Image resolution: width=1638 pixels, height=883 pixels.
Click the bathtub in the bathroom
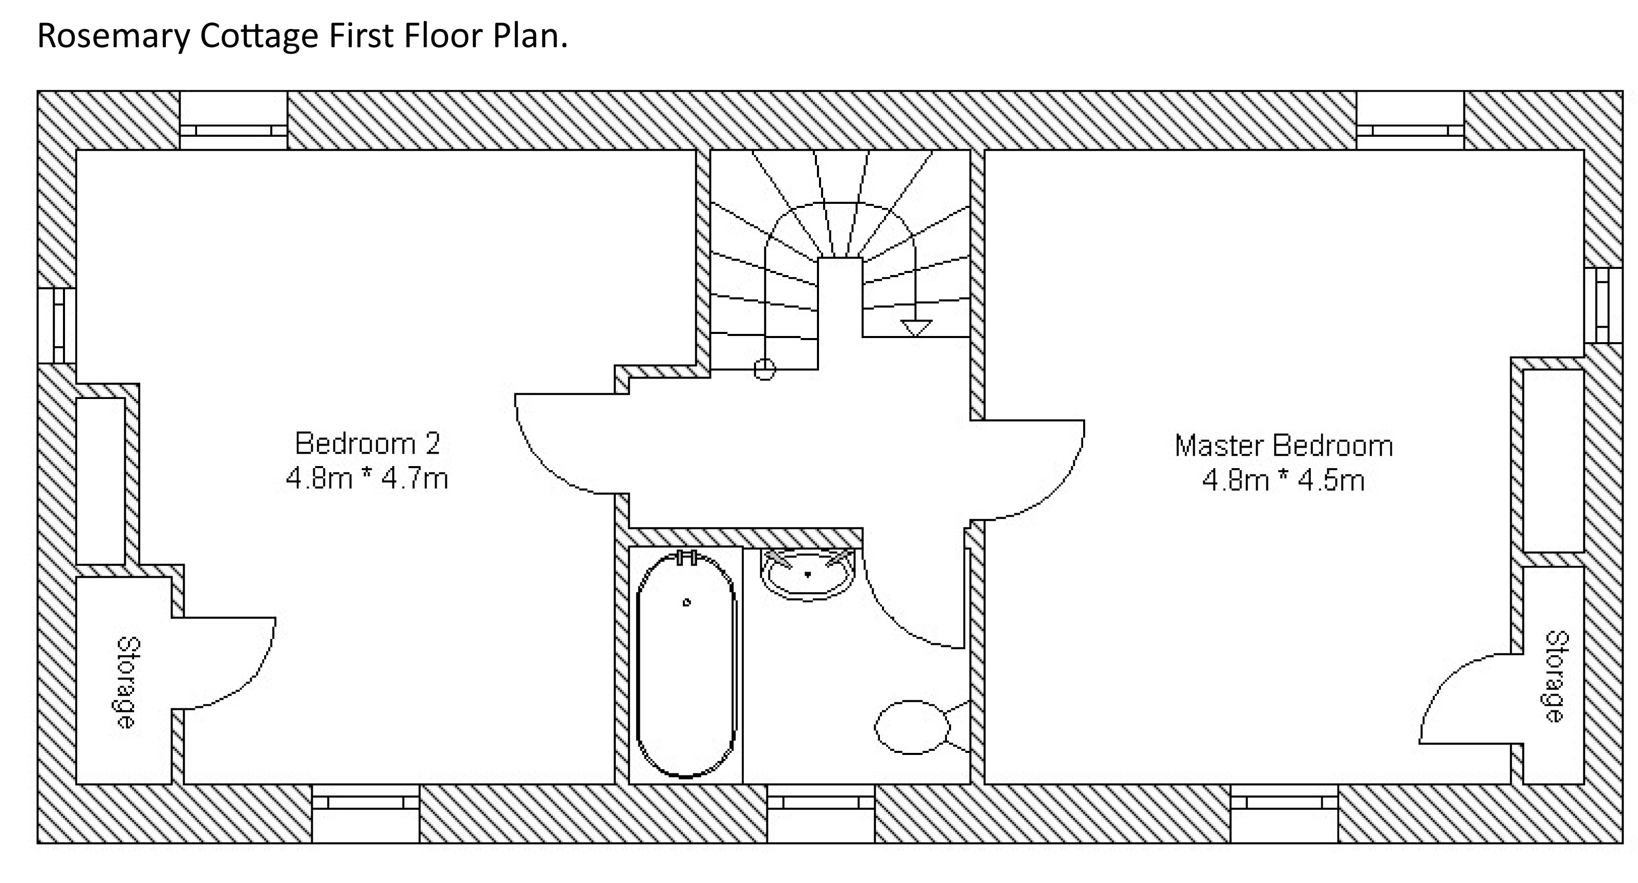pyautogui.click(x=685, y=665)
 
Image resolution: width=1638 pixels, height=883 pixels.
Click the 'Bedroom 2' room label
pyautogui.click(x=368, y=444)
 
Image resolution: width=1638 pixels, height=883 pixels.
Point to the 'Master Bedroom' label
pyautogui.click(x=1283, y=446)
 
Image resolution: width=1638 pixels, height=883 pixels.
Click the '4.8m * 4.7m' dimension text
pyautogui.click(x=368, y=478)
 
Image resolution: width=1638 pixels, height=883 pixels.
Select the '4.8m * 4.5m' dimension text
pyautogui.click(x=1283, y=480)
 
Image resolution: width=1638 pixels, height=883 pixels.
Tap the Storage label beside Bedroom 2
pyautogui.click(x=128, y=683)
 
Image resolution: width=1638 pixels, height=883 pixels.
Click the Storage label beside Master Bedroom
pyautogui.click(x=1557, y=676)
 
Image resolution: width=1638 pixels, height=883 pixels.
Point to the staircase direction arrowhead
pyautogui.click(x=916, y=328)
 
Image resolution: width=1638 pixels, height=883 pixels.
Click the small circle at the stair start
pyautogui.click(x=764, y=369)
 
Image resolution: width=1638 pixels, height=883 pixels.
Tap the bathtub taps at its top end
pyautogui.click(x=687, y=558)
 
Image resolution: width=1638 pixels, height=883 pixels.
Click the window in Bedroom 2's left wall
pyautogui.click(x=58, y=326)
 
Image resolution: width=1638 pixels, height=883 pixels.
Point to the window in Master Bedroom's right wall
pyautogui.click(x=1602, y=305)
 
